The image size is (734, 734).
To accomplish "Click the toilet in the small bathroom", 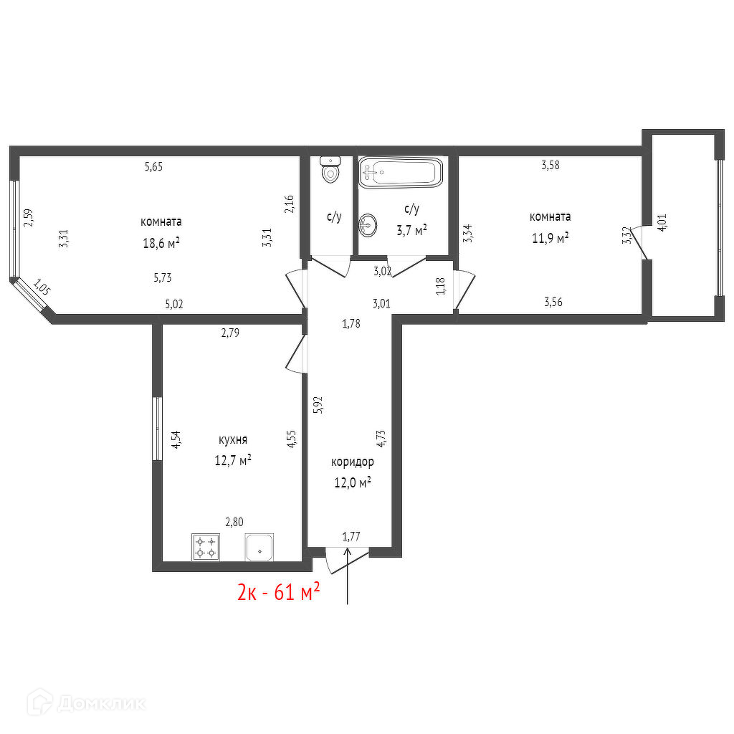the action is (x=330, y=169).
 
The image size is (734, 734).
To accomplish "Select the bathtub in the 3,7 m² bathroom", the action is (x=400, y=173).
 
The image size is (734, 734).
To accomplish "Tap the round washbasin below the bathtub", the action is (x=368, y=226).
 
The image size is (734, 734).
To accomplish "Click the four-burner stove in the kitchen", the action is (x=206, y=547).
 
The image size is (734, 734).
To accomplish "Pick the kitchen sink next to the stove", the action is (x=259, y=547).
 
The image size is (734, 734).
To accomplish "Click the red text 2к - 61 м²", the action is (x=279, y=591).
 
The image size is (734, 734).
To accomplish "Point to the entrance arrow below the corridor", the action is (x=348, y=576).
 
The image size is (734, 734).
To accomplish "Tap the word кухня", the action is (x=233, y=440).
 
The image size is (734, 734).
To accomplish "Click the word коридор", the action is (x=353, y=462).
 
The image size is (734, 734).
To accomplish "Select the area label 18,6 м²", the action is (x=161, y=243).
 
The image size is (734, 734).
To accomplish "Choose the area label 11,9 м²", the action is (x=550, y=238).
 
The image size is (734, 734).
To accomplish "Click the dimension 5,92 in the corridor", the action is (x=318, y=405).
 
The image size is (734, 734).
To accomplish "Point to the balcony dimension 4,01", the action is (x=662, y=222).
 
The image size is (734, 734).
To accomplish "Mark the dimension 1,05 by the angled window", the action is (x=42, y=287).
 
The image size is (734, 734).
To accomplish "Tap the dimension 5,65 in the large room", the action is (x=153, y=166).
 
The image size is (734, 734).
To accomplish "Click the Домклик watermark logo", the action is (x=87, y=702).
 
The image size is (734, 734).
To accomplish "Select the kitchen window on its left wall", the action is (x=158, y=429).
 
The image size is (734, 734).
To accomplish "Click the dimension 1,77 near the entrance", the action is (x=351, y=536).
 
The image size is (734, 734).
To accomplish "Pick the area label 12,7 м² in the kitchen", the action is (x=233, y=461).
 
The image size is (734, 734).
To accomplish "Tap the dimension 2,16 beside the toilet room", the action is (x=290, y=204).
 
